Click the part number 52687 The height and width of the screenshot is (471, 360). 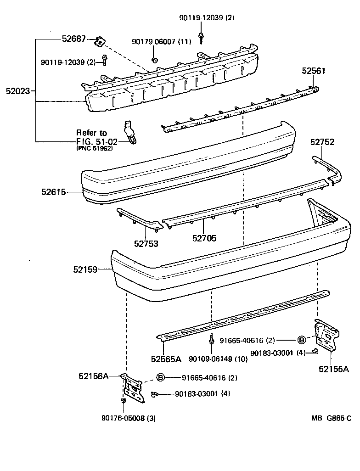(x=73, y=39)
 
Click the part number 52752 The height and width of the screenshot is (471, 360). (x=322, y=142)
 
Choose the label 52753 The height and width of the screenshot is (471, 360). (x=146, y=244)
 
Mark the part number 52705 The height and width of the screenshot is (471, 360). (x=204, y=238)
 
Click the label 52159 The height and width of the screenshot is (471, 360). (x=85, y=270)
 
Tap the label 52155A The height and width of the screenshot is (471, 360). (x=334, y=368)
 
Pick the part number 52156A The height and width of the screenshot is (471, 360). (x=93, y=376)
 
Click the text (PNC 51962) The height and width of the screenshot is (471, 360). (x=94, y=148)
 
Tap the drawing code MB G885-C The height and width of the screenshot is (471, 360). (x=331, y=418)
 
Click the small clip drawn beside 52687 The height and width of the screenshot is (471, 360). (x=99, y=42)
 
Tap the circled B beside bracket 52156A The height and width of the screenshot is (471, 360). (x=161, y=377)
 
